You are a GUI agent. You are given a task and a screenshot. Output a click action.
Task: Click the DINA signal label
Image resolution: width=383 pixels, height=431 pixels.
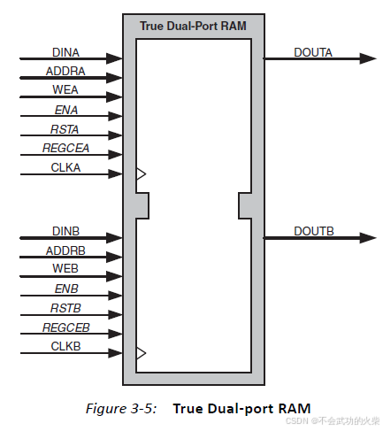65,51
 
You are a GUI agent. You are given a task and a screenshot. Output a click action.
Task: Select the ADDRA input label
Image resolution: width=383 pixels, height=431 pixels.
65,71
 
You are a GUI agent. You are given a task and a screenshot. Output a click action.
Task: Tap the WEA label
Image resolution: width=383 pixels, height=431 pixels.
65,89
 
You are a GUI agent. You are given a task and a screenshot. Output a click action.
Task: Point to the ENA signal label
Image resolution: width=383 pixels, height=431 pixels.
65,110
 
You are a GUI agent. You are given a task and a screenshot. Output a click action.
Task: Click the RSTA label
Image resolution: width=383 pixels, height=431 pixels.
65,129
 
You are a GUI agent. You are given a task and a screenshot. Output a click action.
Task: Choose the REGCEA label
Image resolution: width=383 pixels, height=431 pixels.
65,148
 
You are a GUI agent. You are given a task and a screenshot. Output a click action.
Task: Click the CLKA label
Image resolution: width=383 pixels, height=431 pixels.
65,167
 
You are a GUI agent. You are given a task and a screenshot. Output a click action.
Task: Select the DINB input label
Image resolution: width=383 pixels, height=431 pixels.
65,232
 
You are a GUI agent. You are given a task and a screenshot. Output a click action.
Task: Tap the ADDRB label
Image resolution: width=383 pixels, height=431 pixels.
65,251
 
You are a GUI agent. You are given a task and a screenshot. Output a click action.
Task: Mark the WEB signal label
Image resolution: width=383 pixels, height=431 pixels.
65,269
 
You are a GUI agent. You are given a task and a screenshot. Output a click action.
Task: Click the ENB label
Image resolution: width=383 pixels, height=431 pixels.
65,289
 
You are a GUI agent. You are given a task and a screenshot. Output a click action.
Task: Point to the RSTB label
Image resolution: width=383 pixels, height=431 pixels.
65,309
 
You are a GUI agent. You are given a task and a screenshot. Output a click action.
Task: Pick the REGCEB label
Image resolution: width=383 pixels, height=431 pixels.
65,328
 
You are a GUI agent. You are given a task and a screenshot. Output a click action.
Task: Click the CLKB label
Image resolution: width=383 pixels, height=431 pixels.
65,347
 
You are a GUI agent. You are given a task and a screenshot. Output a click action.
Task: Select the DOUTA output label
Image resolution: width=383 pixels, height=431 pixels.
313,52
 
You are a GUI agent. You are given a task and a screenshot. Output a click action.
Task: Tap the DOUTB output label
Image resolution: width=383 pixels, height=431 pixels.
313,232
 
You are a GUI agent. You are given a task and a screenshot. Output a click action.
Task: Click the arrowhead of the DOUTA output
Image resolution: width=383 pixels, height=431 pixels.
367,59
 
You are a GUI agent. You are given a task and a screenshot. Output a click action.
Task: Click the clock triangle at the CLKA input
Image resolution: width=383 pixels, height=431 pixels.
141,174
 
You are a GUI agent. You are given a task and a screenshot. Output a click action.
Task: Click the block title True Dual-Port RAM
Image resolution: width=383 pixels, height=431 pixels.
193,25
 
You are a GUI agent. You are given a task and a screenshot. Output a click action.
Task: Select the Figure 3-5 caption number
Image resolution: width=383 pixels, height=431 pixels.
120,409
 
